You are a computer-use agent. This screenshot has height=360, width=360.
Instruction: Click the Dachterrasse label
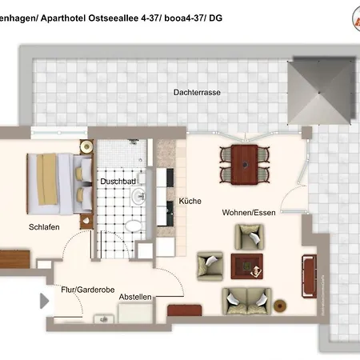pyautogui.click(x=197, y=92)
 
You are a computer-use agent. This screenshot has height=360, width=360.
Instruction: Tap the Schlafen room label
pyautogui.click(x=43, y=226)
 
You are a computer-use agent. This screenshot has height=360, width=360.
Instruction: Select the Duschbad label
pyautogui.click(x=116, y=182)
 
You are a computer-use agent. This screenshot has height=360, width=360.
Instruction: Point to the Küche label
pyautogui.click(x=190, y=201)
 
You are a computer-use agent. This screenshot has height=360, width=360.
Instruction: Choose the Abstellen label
pyautogui.click(x=135, y=297)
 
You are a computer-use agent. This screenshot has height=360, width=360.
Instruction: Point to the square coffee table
pyautogui.click(x=246, y=265)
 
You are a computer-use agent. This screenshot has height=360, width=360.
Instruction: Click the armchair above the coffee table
pyautogui.click(x=247, y=235)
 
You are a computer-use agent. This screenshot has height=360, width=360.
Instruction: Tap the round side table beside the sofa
pyautogui.click(x=280, y=305)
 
